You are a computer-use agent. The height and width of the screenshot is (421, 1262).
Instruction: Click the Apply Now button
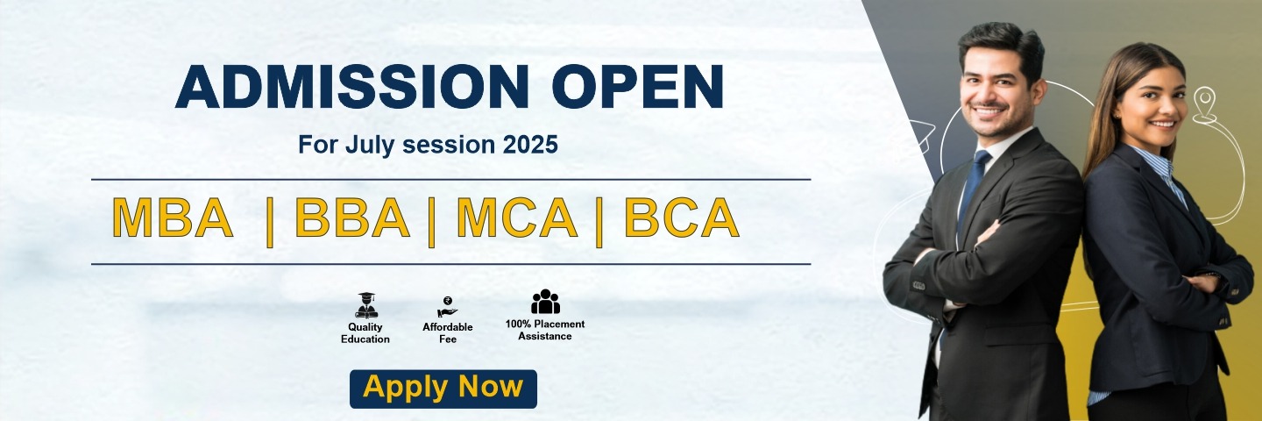[443, 389]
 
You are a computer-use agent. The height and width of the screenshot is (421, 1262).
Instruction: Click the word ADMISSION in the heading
[352, 86]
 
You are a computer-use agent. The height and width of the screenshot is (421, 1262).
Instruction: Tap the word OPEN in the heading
[638, 86]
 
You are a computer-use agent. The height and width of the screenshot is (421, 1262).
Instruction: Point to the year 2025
[530, 144]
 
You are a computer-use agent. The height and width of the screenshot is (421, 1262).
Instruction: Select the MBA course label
[173, 218]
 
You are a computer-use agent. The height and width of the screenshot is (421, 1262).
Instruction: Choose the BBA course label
[352, 218]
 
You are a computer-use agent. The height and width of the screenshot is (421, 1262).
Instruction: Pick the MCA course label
[517, 218]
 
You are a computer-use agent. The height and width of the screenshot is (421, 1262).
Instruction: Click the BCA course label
[682, 218]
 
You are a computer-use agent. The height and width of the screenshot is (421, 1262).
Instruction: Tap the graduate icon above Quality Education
[366, 305]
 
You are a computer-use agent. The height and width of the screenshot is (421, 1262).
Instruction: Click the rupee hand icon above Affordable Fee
[447, 307]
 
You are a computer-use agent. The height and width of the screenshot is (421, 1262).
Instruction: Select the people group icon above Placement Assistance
[545, 302]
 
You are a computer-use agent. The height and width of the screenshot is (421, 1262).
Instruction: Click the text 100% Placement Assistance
[545, 331]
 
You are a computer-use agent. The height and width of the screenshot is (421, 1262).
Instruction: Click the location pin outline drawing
[1204, 105]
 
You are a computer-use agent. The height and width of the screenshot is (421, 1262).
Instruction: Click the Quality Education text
[365, 333]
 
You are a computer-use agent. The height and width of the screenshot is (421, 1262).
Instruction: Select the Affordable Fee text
[448, 333]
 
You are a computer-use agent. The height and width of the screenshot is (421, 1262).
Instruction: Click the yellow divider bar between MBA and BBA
[270, 222]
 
